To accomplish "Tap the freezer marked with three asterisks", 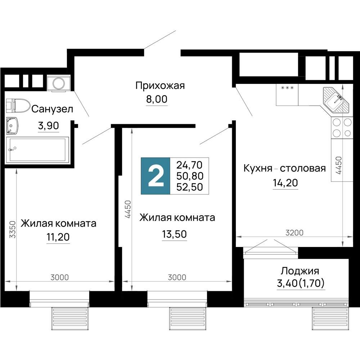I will click(x=287, y=95).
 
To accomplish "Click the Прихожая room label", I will click(x=160, y=86).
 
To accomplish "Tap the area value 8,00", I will click(x=157, y=99).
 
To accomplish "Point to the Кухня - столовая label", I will click(x=284, y=168).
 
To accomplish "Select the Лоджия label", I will click(x=300, y=271).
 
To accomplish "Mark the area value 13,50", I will click(x=174, y=234).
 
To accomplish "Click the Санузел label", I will click(x=52, y=109).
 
